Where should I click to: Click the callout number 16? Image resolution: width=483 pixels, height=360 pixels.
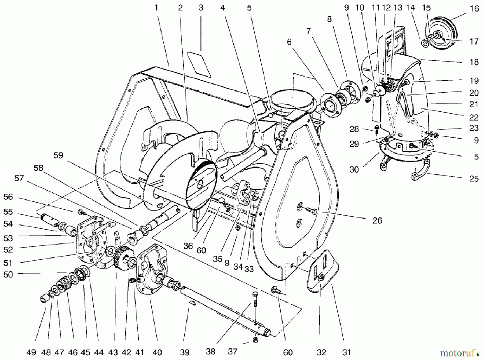pyautogui.click(x=474, y=9)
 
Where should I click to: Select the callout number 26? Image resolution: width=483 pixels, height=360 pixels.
pyautogui.click(x=377, y=220)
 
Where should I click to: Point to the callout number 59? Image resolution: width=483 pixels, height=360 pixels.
pyautogui.click(x=58, y=156)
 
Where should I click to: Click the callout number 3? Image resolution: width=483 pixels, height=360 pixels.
pyautogui.click(x=201, y=8)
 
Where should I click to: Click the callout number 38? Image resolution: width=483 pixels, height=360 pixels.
pyautogui.click(x=210, y=352)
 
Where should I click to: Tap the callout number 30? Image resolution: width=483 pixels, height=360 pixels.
pyautogui.click(x=354, y=169)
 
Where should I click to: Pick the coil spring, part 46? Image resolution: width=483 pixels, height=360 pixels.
pyautogui.click(x=64, y=283)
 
